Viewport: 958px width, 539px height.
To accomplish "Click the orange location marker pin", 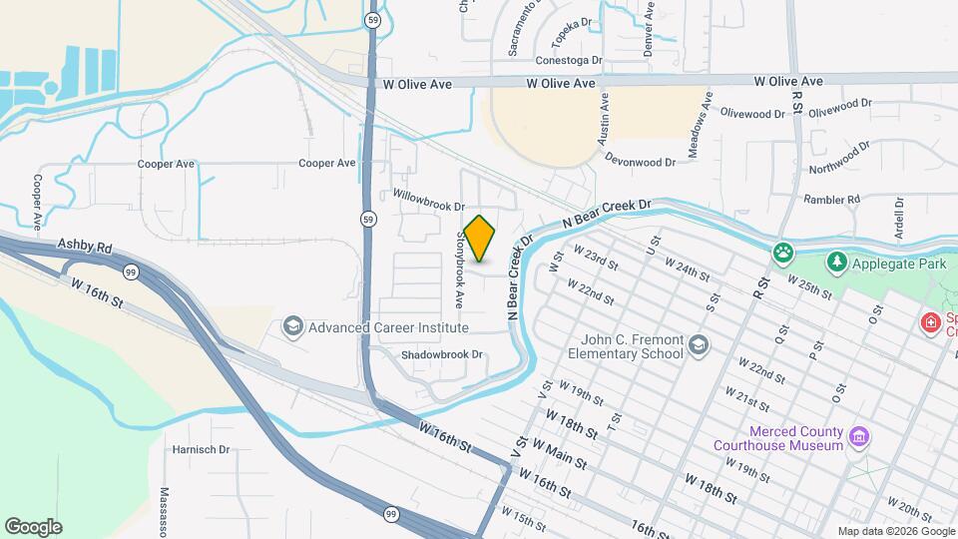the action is click(480, 238).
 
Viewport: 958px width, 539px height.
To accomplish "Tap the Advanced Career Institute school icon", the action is click(292, 326).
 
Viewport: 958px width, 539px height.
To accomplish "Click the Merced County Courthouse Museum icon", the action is click(857, 436).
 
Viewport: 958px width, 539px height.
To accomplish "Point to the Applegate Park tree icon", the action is click(836, 263).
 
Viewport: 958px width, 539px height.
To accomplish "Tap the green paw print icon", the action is click(783, 253).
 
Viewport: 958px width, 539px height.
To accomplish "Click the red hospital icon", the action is click(931, 323).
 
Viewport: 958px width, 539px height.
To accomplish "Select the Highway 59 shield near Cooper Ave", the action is click(369, 219).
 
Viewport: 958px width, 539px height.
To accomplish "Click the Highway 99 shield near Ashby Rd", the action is click(131, 271).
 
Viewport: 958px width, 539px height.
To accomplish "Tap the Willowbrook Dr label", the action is click(429, 200).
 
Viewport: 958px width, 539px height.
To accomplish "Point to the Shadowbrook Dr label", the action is click(441, 354).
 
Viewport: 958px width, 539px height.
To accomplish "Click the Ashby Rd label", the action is click(85, 244).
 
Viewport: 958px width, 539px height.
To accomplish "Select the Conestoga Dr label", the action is click(569, 60).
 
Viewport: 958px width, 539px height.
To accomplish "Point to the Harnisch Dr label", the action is click(202, 449).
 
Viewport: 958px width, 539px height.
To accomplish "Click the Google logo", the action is click(33, 527).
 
